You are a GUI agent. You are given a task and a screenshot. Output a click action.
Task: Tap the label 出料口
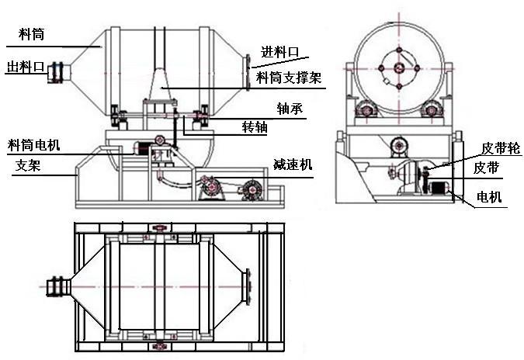24,67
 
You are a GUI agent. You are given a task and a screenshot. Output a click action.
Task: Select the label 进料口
279,52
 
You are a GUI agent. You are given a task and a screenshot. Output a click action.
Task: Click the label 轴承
289,109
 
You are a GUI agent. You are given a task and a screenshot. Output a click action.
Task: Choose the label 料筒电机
33,145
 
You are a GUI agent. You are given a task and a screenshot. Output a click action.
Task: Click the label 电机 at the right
489,198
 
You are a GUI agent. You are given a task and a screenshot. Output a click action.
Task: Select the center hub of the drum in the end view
400,68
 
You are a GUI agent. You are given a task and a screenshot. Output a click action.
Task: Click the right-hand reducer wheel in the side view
250,189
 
